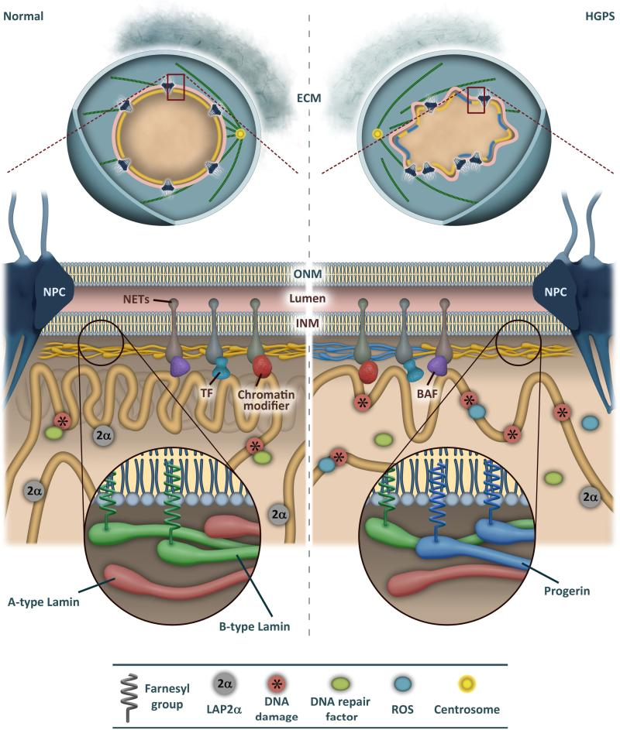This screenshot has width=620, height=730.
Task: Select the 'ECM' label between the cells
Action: point(310,98)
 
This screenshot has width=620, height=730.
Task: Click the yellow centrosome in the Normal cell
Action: point(240,134)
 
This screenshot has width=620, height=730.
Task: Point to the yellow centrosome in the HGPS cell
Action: point(378,135)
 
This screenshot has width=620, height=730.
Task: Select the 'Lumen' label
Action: point(310,296)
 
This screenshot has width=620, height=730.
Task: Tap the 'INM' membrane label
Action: point(310,319)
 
